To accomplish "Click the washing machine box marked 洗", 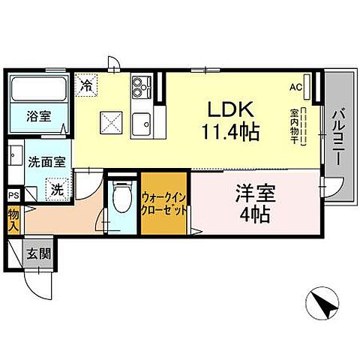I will tap(57, 188).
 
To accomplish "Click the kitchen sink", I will tap(141, 120).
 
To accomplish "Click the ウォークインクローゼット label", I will tap(163, 203).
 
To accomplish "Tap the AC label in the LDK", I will tap(295, 86).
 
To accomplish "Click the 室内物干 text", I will tap(293, 128).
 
